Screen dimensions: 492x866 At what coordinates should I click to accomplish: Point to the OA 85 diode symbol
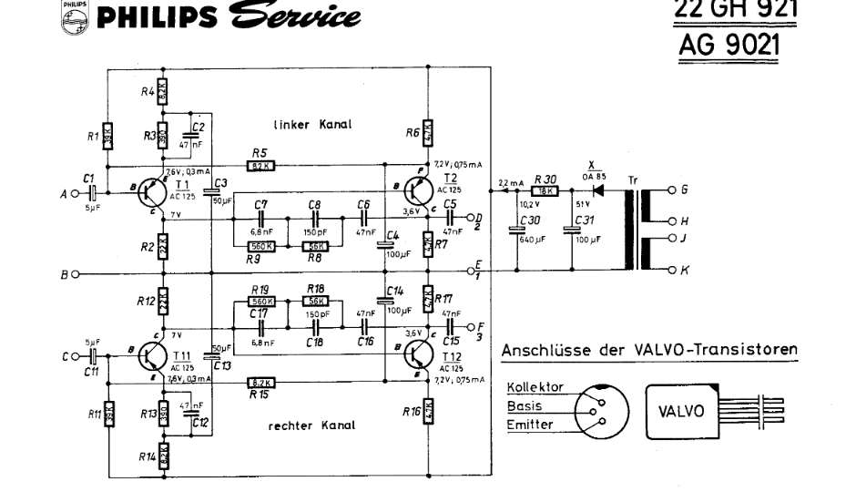[x=597, y=190]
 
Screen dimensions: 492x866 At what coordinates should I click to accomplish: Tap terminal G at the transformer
[x=675, y=190]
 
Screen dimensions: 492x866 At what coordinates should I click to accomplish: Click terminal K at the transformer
[x=675, y=271]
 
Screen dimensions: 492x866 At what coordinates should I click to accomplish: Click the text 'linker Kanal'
[x=312, y=123]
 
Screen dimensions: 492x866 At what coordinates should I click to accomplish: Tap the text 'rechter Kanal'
[x=312, y=425]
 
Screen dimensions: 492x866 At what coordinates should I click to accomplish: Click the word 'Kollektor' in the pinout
[x=535, y=387]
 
